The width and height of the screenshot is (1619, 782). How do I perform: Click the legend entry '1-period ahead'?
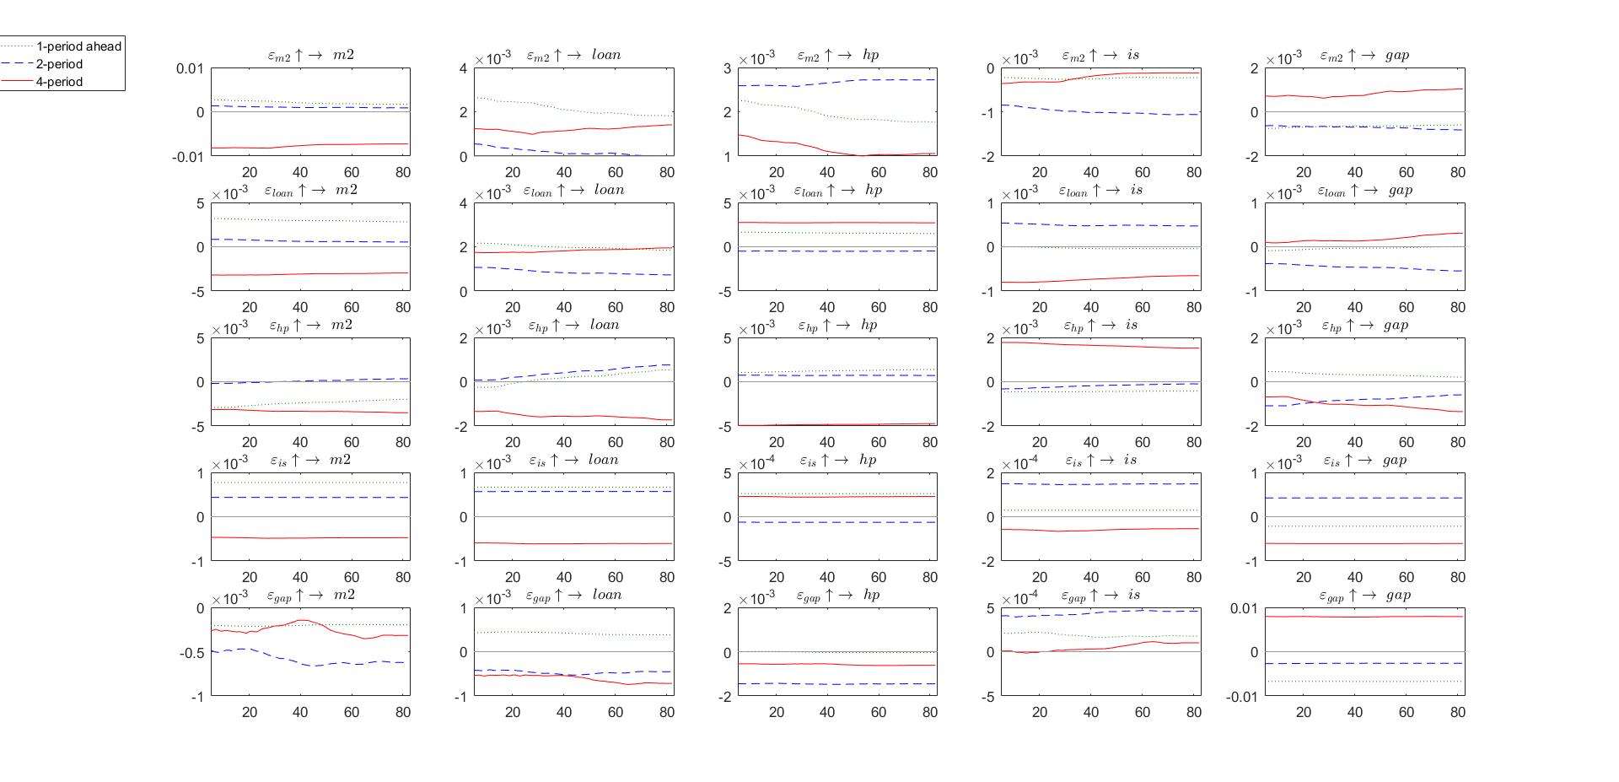78,46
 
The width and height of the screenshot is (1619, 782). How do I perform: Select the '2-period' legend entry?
59,64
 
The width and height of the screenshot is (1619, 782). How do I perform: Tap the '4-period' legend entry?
59,82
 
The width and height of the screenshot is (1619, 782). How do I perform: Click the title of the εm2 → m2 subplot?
310,55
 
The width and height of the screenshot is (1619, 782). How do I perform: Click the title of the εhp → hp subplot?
837,326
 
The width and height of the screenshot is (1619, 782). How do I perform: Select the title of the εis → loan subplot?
573,461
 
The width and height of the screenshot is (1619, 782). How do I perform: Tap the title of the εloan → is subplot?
1100,191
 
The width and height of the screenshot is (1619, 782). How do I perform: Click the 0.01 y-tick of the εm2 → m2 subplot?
190,68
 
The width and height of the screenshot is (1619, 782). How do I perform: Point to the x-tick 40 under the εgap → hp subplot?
827,712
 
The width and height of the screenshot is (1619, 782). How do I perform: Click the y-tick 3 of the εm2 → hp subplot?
727,68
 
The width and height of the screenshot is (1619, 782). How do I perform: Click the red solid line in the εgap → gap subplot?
1366,617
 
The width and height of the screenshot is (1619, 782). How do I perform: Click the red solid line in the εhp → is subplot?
1096,344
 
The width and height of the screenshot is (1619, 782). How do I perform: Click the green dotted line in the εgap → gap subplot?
1366,682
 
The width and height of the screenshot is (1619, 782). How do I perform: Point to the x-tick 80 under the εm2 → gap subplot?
1457,172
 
